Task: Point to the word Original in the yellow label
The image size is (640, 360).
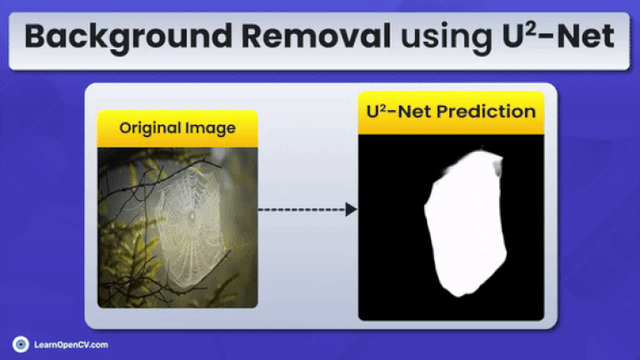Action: [x=151, y=128]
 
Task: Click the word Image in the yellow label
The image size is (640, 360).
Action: [x=212, y=128]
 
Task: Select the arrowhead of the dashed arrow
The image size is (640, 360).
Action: [x=351, y=209]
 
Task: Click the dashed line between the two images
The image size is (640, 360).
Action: [x=300, y=209]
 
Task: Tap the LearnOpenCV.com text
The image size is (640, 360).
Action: [x=71, y=343]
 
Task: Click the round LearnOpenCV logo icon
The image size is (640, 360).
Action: [x=21, y=343]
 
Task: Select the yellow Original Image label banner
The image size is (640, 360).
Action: [x=177, y=128]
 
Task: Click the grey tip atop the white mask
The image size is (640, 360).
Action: [x=497, y=166]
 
